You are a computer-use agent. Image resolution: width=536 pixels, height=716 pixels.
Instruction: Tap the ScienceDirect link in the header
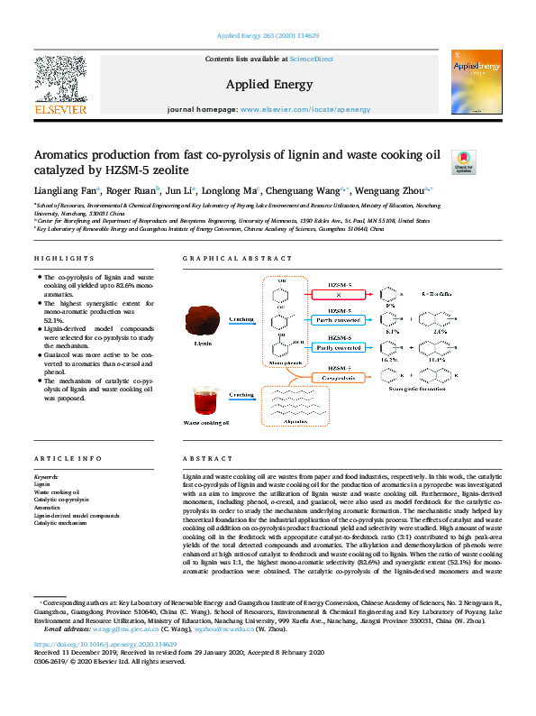311,59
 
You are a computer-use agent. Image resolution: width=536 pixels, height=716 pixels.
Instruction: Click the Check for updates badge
462,161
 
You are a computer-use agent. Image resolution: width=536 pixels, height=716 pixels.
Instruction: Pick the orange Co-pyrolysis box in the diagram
336,376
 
